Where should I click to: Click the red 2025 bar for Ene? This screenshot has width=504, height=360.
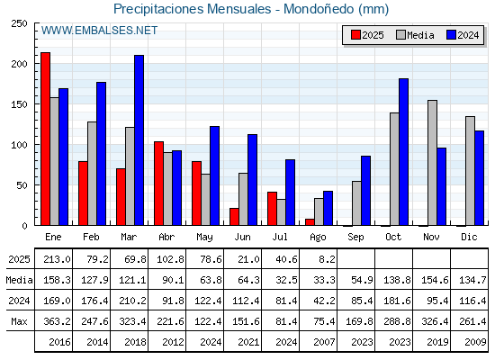click(45, 139)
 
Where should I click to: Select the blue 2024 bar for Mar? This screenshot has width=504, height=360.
click(139, 140)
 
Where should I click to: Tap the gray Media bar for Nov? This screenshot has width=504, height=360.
click(432, 163)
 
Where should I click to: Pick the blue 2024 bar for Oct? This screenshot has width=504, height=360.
click(404, 152)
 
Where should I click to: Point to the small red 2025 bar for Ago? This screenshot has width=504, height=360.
click(310, 222)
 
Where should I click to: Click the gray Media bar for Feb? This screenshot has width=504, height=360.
click(92, 174)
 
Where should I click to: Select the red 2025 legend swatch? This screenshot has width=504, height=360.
click(355, 35)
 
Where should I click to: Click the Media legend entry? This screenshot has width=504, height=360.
click(415, 35)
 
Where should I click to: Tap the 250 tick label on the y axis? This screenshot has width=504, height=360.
click(19, 23)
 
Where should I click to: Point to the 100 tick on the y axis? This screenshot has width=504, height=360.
click(19, 145)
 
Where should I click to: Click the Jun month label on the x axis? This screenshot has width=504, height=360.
click(242, 237)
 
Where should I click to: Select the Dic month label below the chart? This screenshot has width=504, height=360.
click(469, 237)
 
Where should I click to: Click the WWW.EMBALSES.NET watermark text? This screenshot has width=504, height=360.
click(99, 31)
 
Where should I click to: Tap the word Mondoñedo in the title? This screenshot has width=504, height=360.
click(319, 9)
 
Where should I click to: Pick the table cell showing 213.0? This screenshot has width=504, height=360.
click(57, 259)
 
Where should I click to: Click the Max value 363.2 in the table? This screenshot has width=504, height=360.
click(57, 321)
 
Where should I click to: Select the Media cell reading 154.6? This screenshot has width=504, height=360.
click(435, 280)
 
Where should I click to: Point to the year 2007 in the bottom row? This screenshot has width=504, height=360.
click(324, 342)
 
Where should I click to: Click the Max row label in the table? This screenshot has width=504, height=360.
click(19, 321)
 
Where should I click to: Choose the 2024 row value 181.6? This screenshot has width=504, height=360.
click(397, 301)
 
